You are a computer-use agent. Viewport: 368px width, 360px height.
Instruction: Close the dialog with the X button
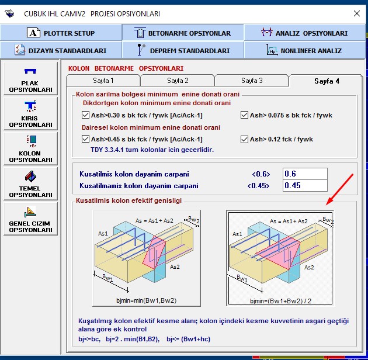(x=357, y=13)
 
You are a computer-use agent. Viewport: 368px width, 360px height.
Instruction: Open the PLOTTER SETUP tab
(x=61, y=33)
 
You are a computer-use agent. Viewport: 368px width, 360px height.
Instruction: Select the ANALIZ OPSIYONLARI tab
(x=305, y=33)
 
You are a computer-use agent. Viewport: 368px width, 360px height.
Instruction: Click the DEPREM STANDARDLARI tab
(x=183, y=50)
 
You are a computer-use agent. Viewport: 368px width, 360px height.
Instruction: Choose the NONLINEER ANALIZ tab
(x=305, y=50)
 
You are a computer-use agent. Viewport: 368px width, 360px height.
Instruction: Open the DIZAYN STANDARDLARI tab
(x=61, y=50)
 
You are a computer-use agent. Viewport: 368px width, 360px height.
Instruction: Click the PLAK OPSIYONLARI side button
(x=30, y=79)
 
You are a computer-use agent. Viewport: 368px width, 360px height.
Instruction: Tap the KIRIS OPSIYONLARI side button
(x=30, y=113)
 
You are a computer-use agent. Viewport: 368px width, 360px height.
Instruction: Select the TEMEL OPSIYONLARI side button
(x=30, y=184)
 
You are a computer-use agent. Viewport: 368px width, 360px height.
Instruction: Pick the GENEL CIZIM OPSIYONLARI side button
(x=30, y=219)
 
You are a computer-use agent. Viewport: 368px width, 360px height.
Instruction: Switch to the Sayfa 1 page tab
(x=103, y=81)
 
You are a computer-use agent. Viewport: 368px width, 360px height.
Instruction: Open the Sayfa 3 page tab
(x=252, y=81)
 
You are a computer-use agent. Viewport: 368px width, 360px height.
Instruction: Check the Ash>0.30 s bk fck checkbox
(x=85, y=115)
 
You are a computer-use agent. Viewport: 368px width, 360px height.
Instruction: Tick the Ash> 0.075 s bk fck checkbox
(x=244, y=115)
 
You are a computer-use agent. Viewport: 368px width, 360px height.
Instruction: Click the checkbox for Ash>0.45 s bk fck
(x=85, y=139)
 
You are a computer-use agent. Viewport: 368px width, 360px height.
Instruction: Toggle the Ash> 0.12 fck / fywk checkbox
(x=244, y=139)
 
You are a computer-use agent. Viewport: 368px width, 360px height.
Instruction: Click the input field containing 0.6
(x=305, y=174)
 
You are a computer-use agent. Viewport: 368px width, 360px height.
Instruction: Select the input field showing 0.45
(x=305, y=185)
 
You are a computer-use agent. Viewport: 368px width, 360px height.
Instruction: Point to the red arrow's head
(x=327, y=205)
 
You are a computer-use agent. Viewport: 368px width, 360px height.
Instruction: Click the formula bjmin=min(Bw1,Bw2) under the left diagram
(x=147, y=300)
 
